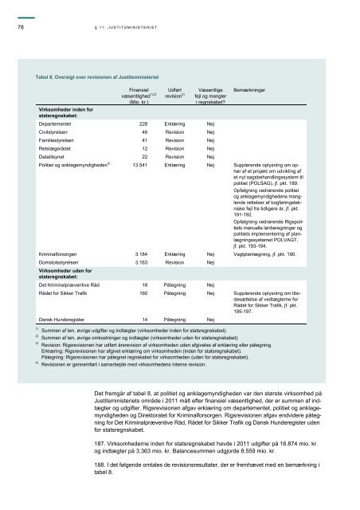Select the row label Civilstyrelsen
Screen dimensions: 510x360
click(47, 136)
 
